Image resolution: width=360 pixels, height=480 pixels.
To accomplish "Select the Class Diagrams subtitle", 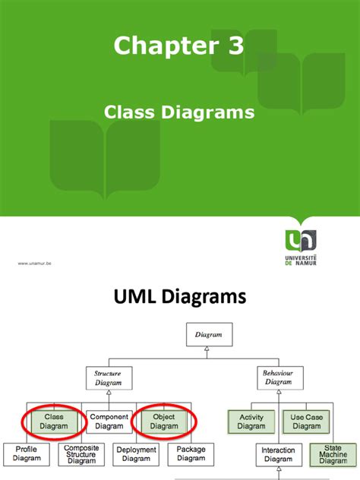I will [178, 112].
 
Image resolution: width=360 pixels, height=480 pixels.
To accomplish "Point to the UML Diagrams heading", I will [179, 295].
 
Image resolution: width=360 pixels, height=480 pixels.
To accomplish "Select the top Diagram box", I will [208, 333].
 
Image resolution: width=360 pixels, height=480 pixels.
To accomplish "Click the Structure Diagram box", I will [108, 377].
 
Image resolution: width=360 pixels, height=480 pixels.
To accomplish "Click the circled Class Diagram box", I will [54, 421].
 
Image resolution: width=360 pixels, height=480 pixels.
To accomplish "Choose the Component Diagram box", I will [108, 421].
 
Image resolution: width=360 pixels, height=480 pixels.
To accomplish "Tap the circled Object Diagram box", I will [163, 421].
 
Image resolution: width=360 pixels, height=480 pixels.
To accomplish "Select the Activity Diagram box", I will [251, 422].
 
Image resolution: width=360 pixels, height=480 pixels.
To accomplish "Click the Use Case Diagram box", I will [306, 422].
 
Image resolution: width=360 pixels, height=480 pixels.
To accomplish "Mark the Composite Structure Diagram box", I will [81, 454].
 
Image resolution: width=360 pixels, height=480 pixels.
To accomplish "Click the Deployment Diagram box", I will [136, 454].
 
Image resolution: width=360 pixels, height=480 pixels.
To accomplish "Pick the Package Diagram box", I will [191, 454].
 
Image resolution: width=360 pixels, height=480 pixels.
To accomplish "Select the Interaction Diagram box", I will [279, 454].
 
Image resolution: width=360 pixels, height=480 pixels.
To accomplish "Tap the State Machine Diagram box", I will [333, 454].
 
